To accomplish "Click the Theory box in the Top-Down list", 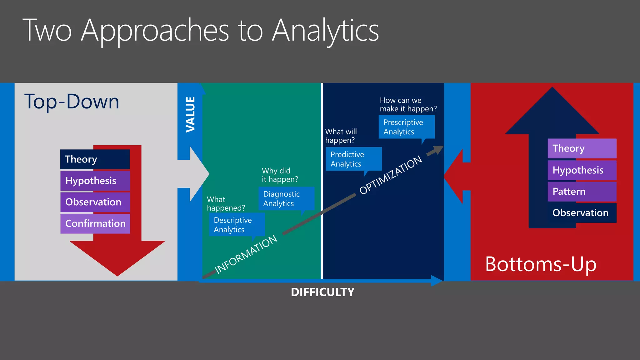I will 95,159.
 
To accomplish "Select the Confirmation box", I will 95,223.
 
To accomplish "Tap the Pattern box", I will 582,192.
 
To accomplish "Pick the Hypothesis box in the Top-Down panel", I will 95,181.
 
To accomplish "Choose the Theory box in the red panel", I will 582,148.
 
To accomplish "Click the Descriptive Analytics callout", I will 237,225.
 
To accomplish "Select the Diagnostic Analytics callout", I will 286,198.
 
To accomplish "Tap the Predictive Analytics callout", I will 353,159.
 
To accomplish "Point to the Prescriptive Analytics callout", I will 406,127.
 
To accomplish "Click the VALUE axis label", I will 190,114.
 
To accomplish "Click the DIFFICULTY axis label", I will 322,292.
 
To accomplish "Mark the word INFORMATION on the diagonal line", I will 246,254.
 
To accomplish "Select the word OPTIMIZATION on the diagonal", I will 391,175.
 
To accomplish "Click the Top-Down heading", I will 72,102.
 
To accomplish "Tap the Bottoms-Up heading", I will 541,264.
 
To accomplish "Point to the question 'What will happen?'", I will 341,136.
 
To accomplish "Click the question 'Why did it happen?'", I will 279,175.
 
